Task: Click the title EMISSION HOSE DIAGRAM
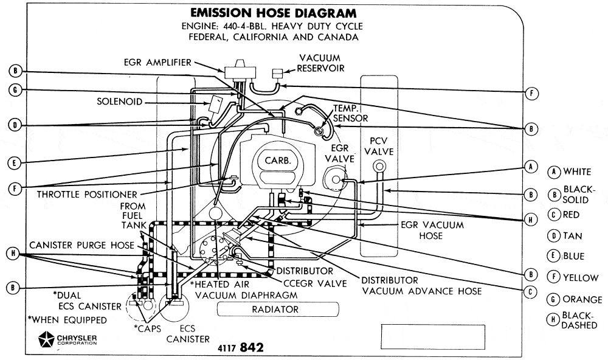(274, 13)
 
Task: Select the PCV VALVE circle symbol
(380, 166)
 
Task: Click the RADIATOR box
(275, 310)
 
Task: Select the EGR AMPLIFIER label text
(157, 62)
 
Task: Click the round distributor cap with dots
(213, 249)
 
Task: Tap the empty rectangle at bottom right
(432, 336)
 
